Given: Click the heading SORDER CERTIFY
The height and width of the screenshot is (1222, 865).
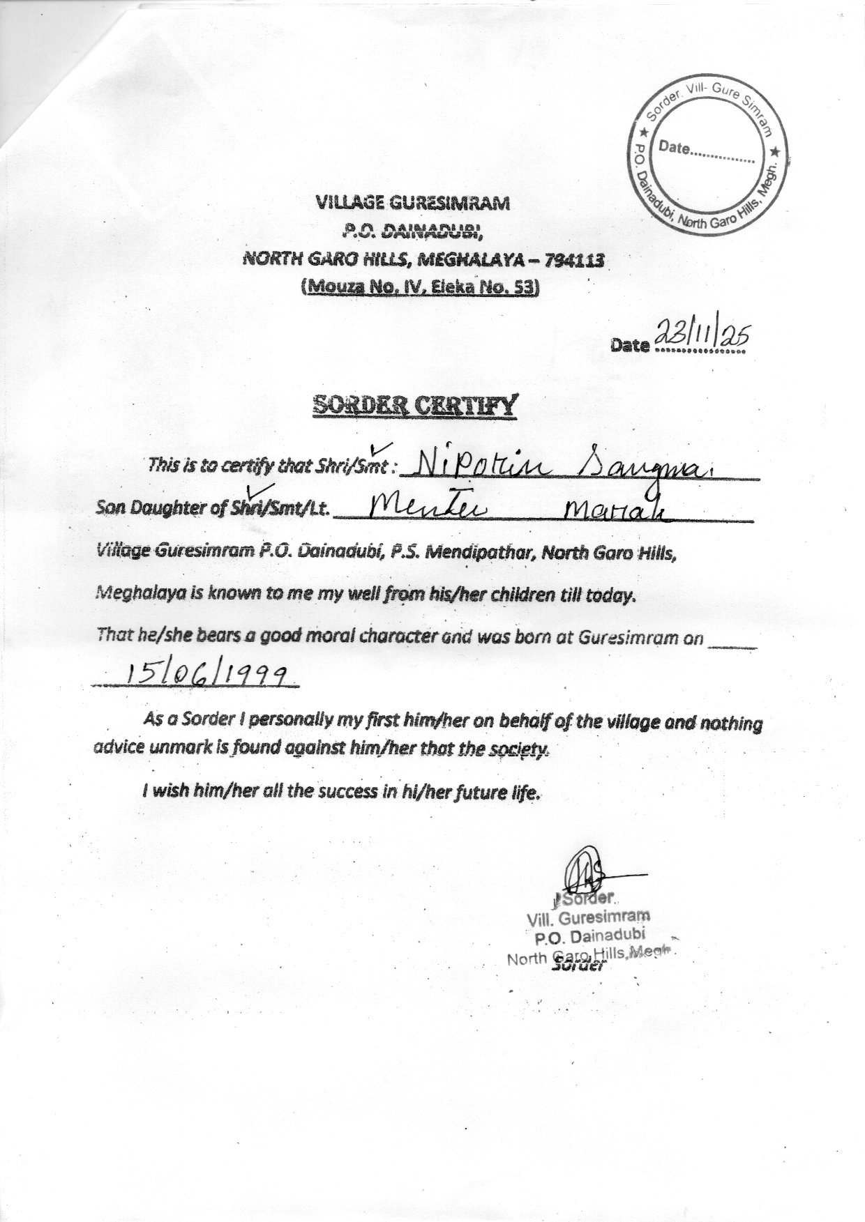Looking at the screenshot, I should coord(416,404).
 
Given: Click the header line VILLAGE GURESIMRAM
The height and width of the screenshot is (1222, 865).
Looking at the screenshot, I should coord(413,203).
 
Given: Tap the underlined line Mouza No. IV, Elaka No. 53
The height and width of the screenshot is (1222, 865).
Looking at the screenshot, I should coord(420,287).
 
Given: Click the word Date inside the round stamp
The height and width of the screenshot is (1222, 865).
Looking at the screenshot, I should coord(673,148).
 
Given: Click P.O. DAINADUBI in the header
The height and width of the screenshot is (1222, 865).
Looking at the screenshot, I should coord(414,231).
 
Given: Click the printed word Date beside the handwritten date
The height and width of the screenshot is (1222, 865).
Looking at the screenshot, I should coord(630,345).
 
